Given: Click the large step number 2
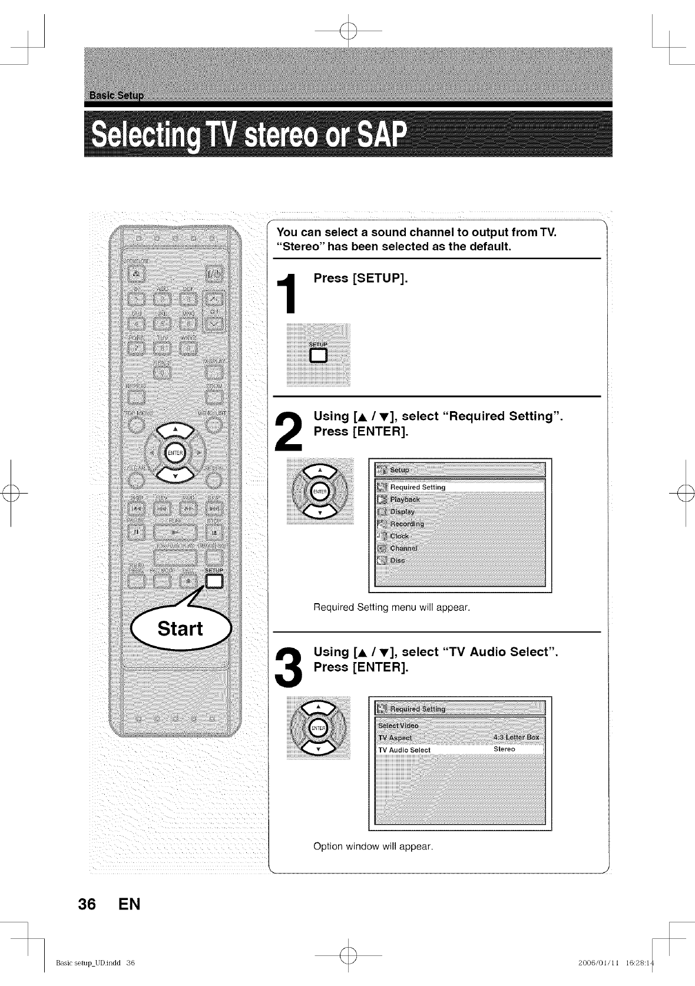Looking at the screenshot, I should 289,431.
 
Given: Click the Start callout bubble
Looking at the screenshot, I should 180,628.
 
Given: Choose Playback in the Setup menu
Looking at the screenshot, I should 405,499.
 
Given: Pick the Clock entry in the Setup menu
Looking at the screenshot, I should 399,536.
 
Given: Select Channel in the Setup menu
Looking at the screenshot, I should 403,548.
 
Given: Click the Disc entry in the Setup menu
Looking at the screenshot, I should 398,561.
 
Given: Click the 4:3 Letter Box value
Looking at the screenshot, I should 516,737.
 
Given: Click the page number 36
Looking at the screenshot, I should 87,904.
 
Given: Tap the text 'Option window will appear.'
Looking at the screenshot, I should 373,846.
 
